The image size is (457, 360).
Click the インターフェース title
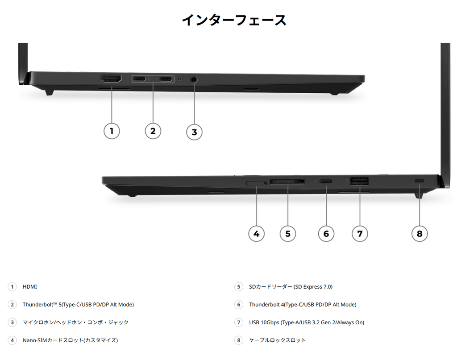(234, 20)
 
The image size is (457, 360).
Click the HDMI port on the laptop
(111, 79)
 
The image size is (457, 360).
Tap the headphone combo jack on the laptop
(194, 79)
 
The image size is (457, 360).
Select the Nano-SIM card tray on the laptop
(256, 183)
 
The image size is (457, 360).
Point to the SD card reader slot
(287, 182)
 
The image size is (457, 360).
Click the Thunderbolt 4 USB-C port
(325, 182)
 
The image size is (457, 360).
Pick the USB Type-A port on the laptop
(359, 181)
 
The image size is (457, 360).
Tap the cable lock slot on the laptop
(419, 181)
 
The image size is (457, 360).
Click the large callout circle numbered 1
(112, 131)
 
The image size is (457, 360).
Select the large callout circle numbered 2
(153, 131)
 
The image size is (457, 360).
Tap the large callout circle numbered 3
(195, 132)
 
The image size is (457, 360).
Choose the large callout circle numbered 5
(288, 234)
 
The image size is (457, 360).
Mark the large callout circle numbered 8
(420, 234)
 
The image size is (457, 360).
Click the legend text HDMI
(30, 287)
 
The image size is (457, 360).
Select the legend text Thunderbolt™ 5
(42, 305)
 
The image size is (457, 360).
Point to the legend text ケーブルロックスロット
(278, 340)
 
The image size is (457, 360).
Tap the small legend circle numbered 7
(239, 323)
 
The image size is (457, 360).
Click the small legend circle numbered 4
(12, 340)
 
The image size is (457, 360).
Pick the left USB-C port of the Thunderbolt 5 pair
(139, 79)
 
